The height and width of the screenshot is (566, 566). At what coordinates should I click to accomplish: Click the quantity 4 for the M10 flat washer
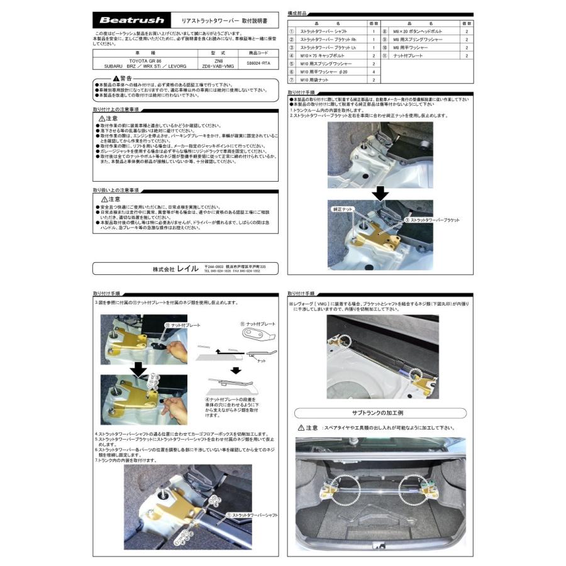(x=373, y=72)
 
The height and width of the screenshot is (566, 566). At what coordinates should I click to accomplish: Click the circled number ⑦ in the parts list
(x=291, y=80)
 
